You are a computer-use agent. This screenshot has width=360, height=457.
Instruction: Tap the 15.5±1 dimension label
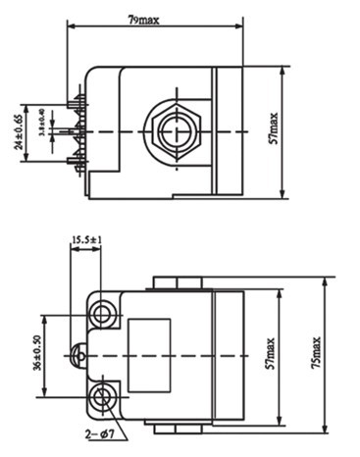coord(86,239)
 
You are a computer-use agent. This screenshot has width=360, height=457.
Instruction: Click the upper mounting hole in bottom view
coord(103,313)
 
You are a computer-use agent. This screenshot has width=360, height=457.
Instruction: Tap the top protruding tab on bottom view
coord(177,283)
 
